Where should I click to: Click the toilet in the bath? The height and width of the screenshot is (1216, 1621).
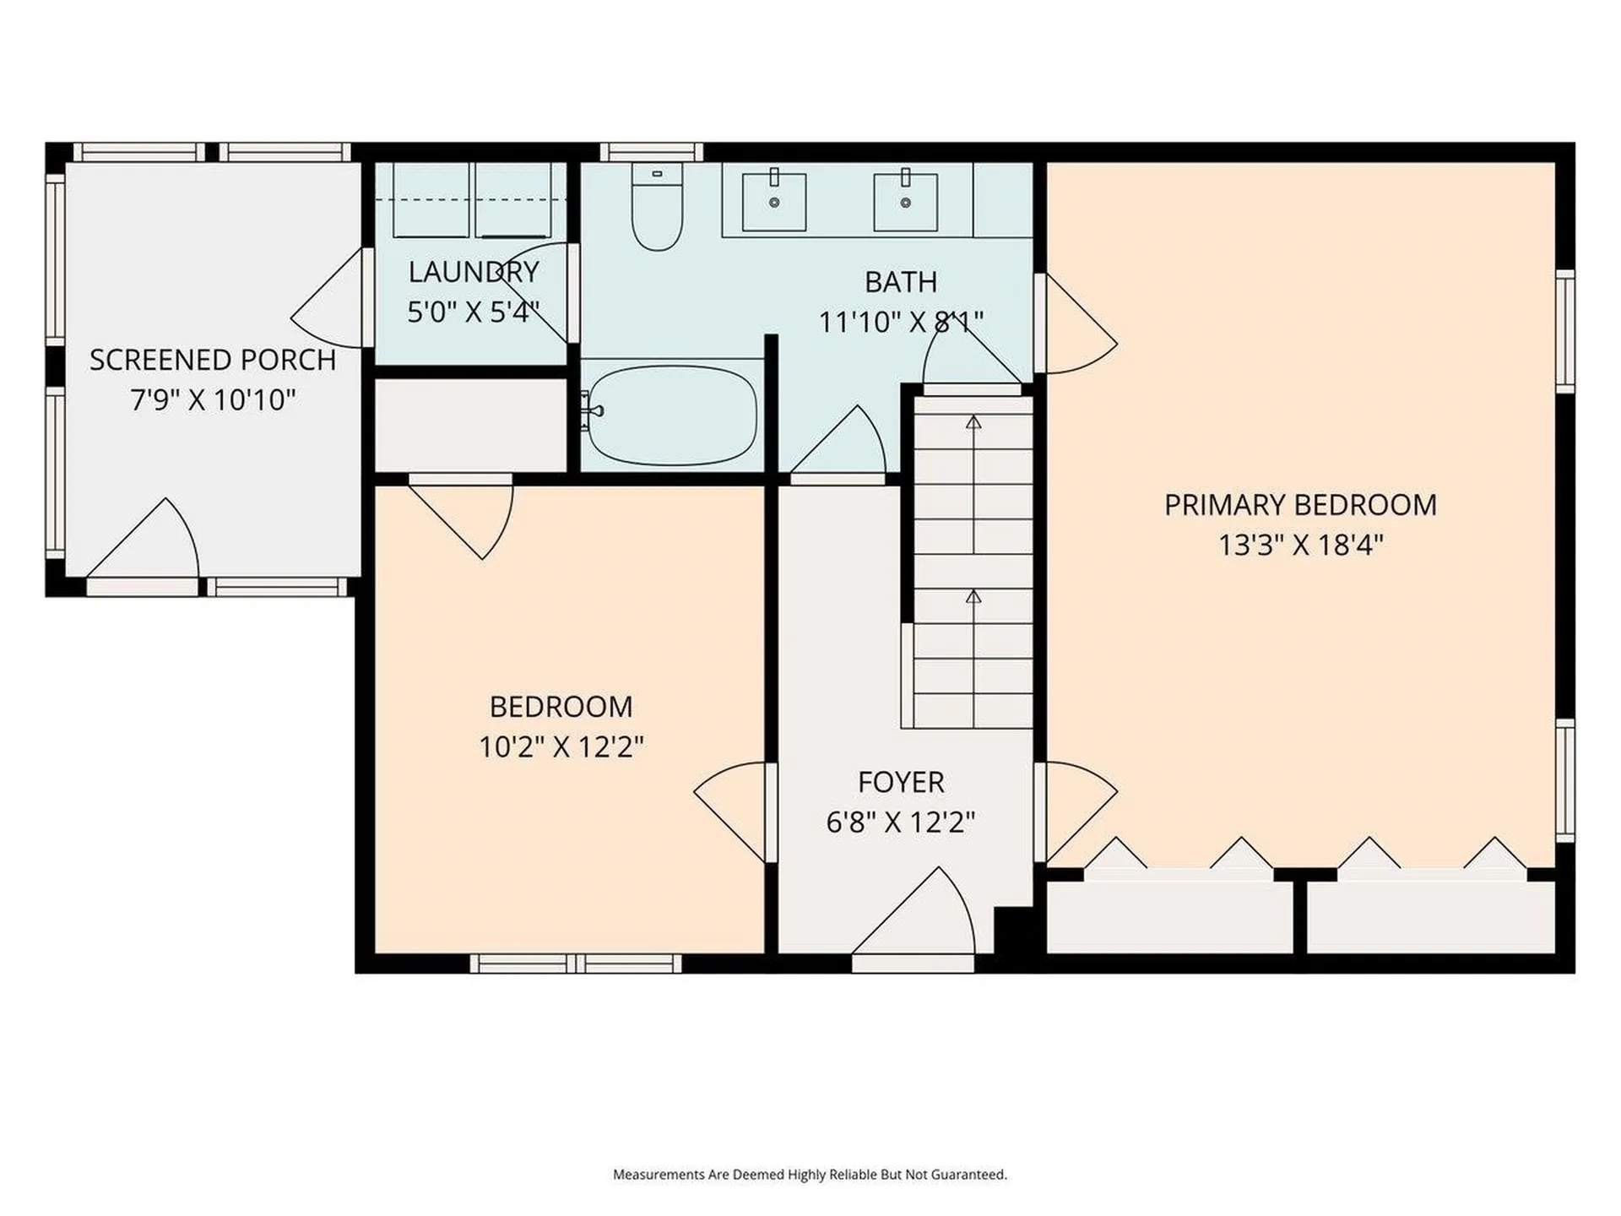(x=657, y=209)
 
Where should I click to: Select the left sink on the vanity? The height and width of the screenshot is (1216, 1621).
(x=773, y=202)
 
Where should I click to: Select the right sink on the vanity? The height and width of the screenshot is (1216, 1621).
(x=905, y=202)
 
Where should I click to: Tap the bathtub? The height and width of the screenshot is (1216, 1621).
(x=672, y=415)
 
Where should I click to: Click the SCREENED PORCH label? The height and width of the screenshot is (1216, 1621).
(x=213, y=360)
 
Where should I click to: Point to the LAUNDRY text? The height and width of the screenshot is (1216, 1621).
(x=473, y=272)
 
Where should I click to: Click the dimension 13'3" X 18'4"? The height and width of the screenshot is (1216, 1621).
(x=1300, y=545)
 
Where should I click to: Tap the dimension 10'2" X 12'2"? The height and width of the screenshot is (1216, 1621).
(x=561, y=746)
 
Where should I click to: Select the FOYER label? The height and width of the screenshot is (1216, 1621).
(x=901, y=782)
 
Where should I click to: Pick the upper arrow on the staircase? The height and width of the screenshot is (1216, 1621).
(x=973, y=422)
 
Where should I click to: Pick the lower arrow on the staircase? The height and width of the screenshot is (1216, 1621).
(x=973, y=597)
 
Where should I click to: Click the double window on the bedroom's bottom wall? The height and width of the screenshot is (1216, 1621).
(x=576, y=964)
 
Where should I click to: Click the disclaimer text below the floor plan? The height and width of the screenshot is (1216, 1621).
(x=810, y=1175)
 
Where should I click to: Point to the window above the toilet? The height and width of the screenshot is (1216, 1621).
(x=651, y=152)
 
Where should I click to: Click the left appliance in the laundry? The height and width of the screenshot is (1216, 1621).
(x=431, y=201)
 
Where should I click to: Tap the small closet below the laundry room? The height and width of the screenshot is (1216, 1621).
(x=470, y=426)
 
